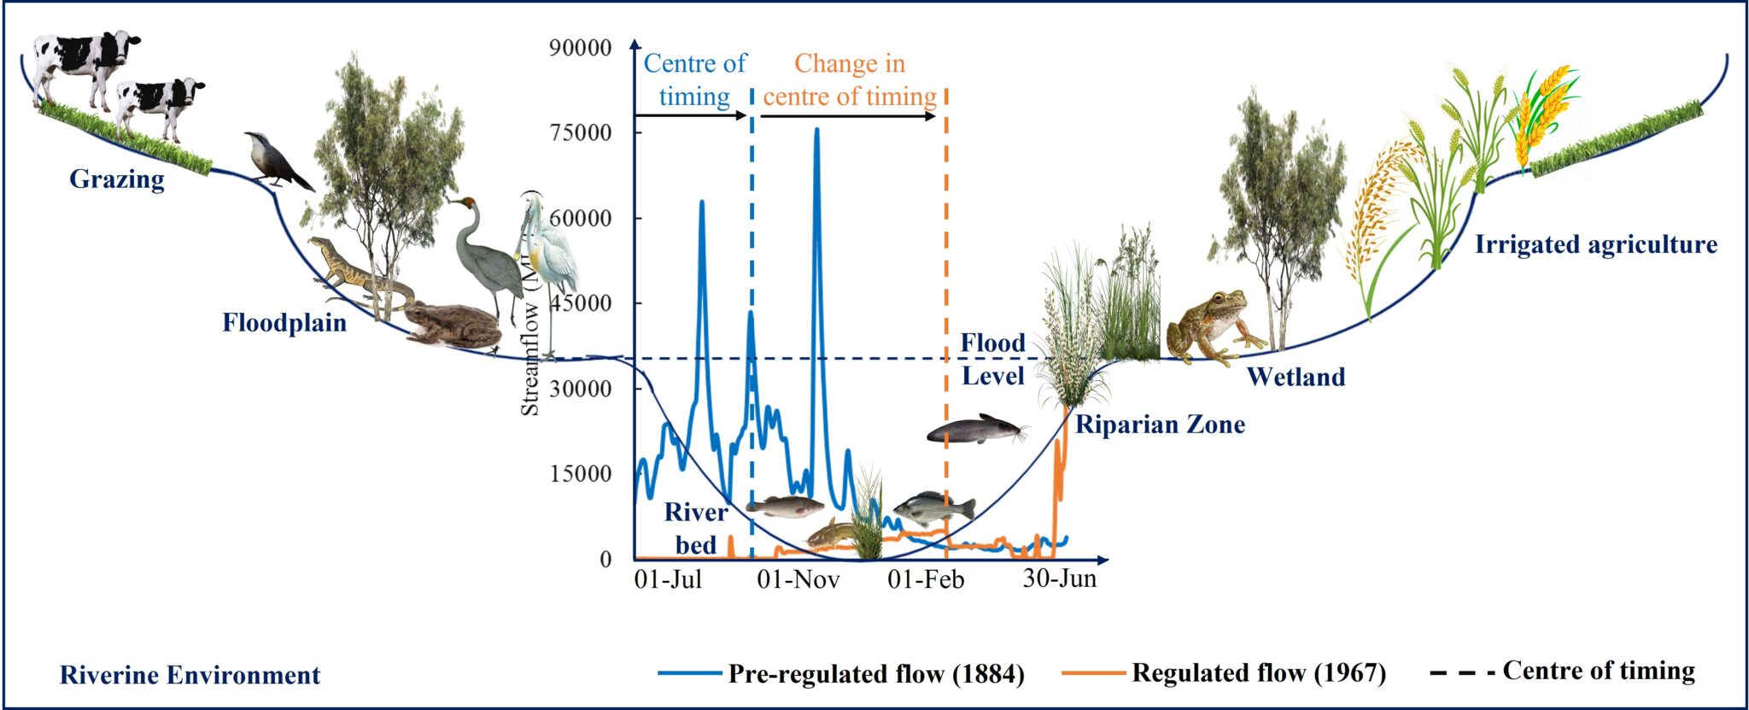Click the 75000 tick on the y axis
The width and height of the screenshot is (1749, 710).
click(x=581, y=132)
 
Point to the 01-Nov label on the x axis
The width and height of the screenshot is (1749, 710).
click(x=798, y=580)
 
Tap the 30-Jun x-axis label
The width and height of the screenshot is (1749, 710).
click(x=1059, y=578)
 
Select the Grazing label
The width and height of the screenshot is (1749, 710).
click(x=117, y=179)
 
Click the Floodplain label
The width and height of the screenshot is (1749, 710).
click(x=284, y=323)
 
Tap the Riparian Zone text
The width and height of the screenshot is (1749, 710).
click(x=1160, y=425)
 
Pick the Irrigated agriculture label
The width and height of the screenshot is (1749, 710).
click(x=1595, y=245)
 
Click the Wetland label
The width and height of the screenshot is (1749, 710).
click(x=1296, y=377)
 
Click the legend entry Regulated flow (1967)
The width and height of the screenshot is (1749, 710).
click(x=1258, y=673)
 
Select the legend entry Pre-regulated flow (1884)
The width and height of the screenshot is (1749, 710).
click(x=875, y=674)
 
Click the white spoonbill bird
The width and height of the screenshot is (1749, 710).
click(x=547, y=256)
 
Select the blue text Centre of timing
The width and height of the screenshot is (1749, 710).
click(x=694, y=79)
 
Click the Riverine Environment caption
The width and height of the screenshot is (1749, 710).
click(x=190, y=675)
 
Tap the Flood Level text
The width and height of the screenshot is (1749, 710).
click(x=992, y=360)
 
